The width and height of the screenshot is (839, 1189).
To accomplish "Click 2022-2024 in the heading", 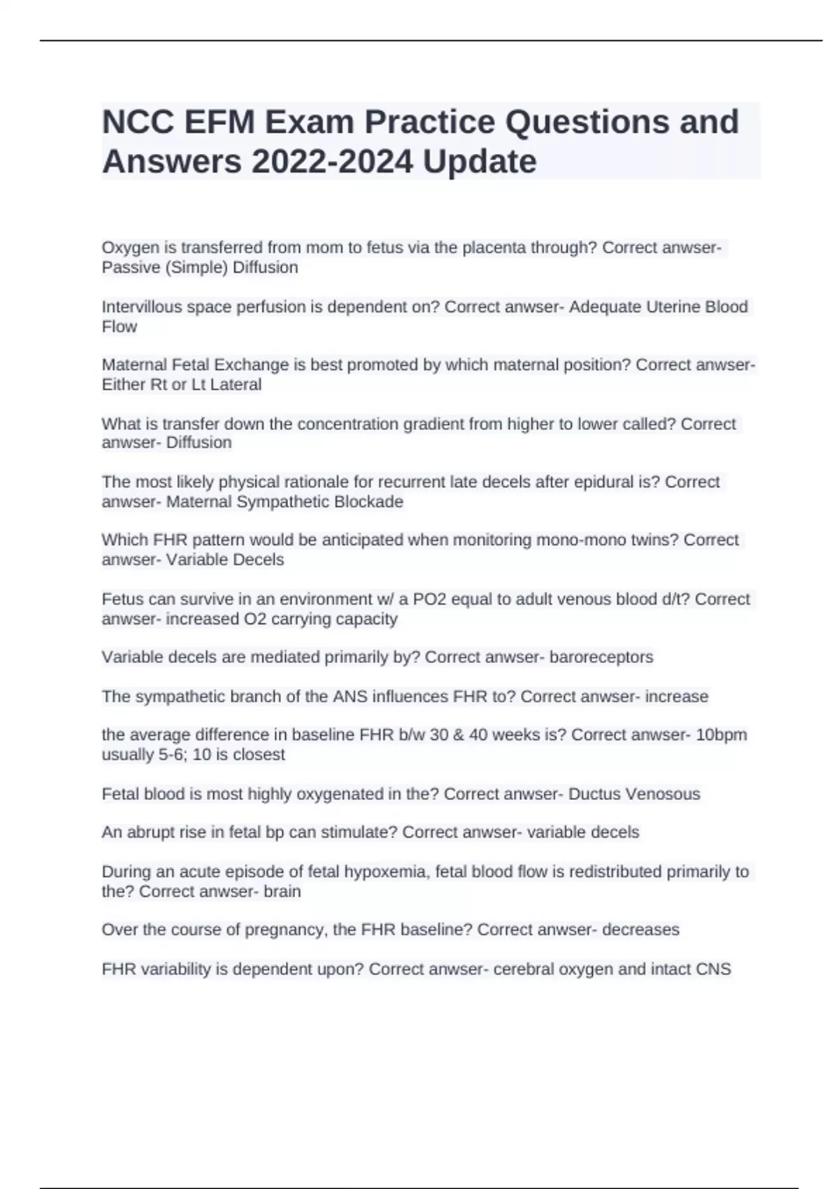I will [332, 162].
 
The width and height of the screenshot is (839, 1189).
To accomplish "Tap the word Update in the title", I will [480, 162].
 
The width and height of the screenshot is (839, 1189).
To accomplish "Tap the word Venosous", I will [662, 794].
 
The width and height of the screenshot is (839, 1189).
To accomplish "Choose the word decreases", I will [640, 930].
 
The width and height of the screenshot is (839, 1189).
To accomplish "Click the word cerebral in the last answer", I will [524, 969].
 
